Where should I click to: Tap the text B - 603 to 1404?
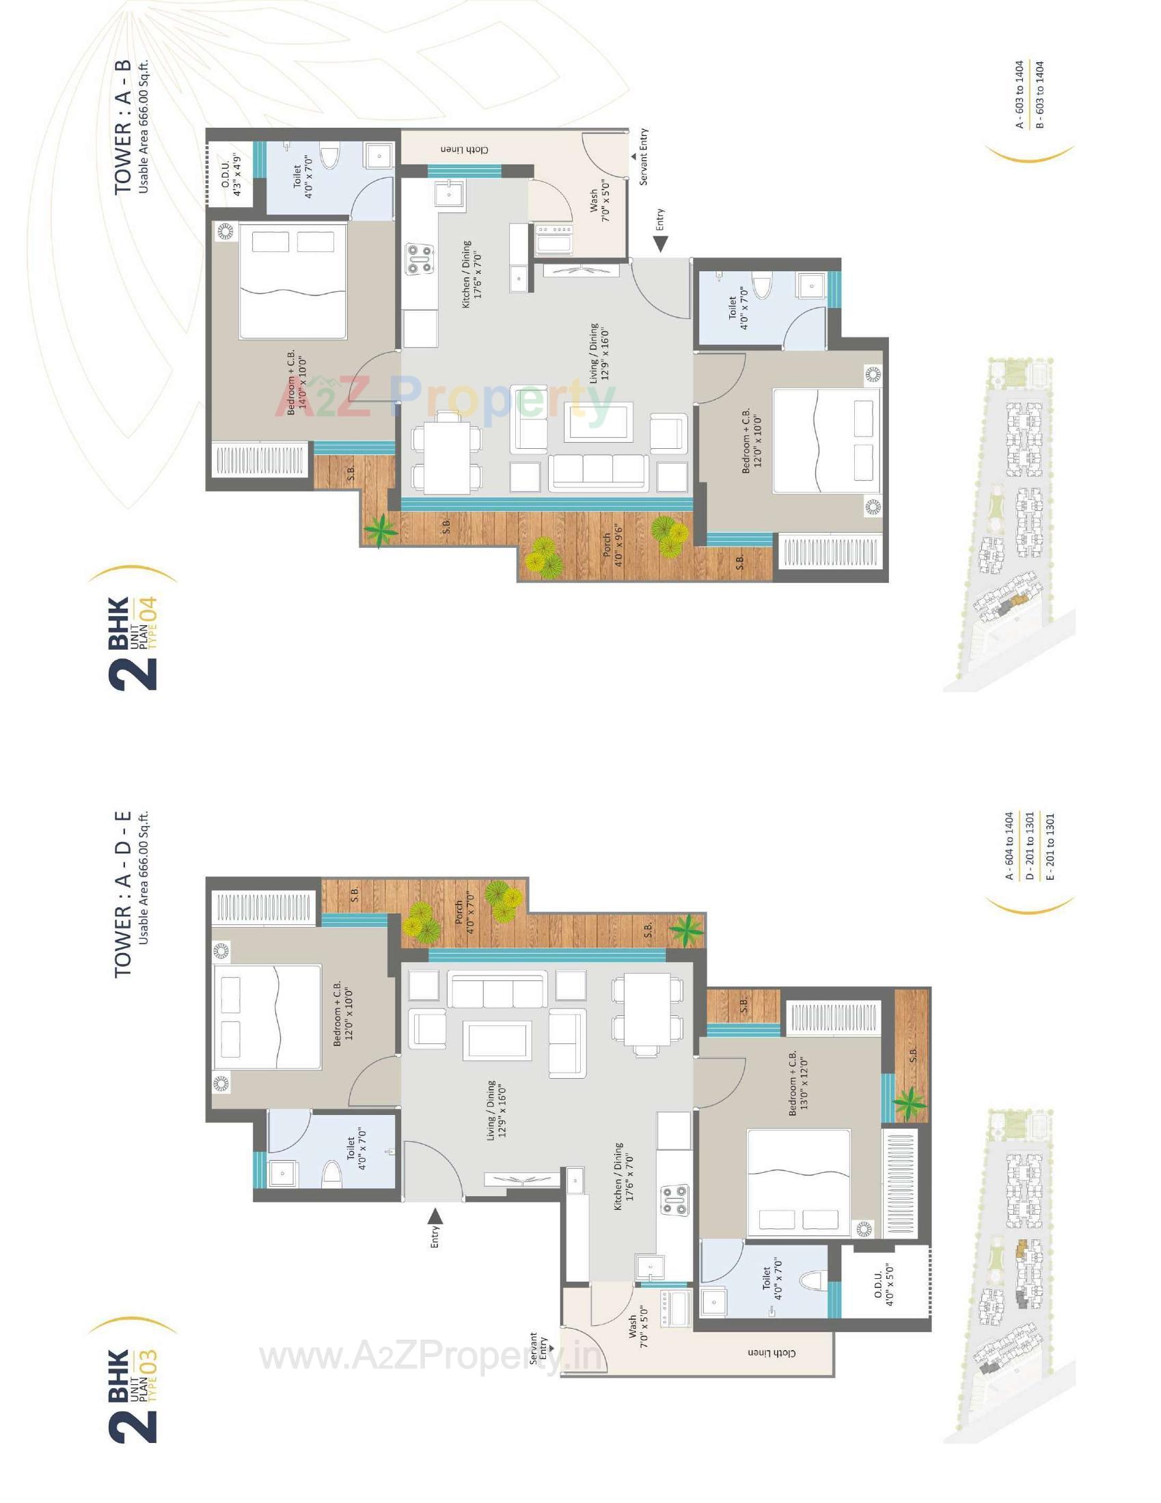(x=1040, y=94)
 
